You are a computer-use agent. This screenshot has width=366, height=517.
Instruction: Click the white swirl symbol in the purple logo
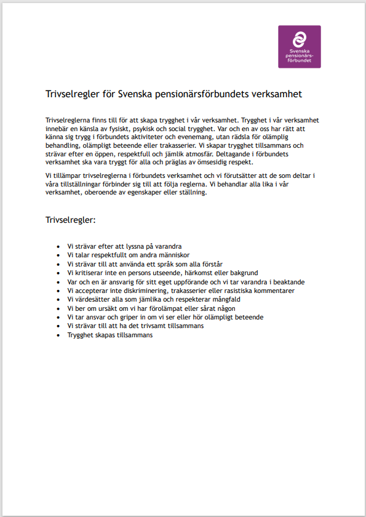click(299, 38)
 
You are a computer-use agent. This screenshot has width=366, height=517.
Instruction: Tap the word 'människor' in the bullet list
click(171, 255)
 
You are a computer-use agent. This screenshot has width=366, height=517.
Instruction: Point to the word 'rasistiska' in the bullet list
click(241, 291)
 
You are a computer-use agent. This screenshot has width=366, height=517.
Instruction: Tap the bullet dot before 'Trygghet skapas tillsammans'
click(58, 335)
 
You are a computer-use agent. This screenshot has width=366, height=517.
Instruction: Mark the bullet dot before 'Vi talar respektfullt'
click(58, 255)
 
